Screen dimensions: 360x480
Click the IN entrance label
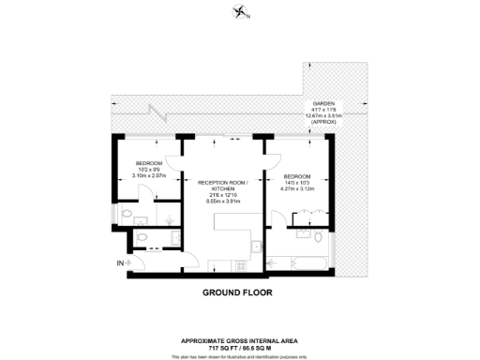click(119, 262)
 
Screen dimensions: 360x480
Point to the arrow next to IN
click(127, 262)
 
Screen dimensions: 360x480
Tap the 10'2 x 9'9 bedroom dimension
click(138, 169)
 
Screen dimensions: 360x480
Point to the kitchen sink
click(256, 246)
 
